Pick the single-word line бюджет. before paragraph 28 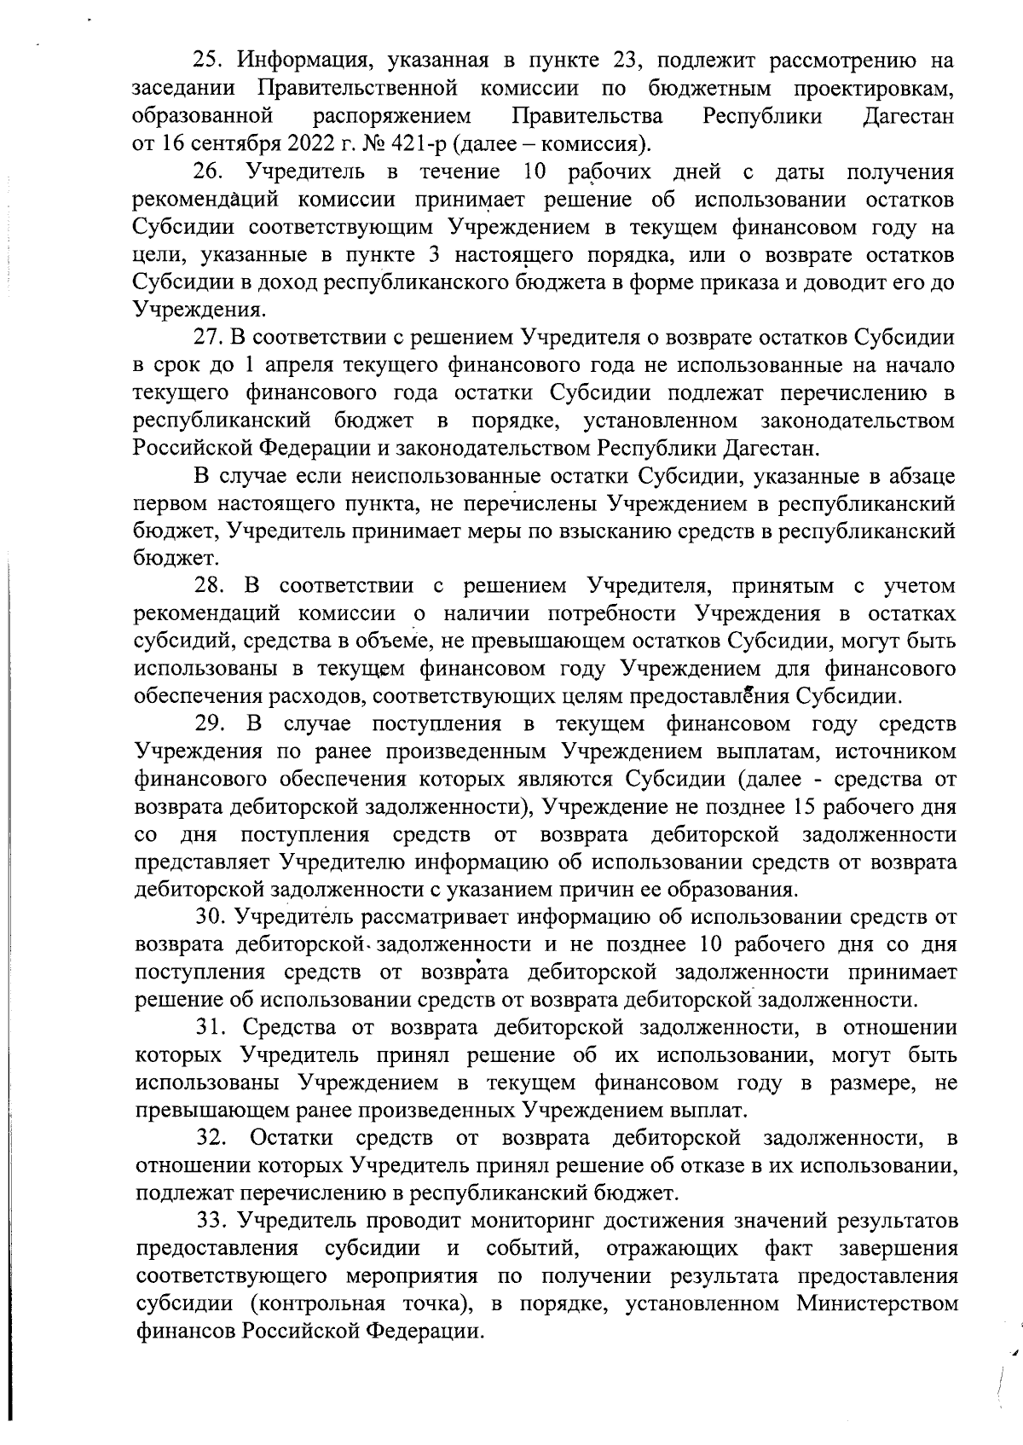[x=165, y=559]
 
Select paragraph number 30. [x=210, y=917]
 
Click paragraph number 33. [x=210, y=1221]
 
